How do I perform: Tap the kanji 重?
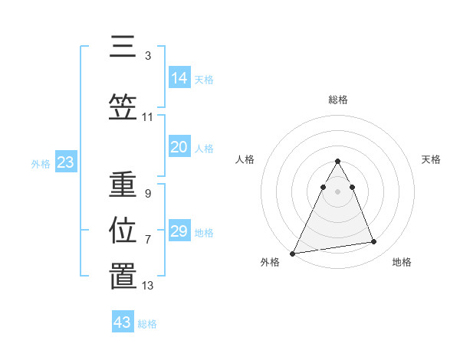coord(123,185)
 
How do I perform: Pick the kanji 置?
coord(123,277)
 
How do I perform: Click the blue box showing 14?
coord(179,77)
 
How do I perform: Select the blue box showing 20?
coord(179,147)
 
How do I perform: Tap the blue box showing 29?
coord(179,231)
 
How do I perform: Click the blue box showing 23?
coord(65,162)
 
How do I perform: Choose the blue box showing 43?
coord(123,322)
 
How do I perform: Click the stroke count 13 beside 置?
coord(148,286)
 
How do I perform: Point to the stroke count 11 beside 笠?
coord(148,117)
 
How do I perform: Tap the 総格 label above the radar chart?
coord(338,100)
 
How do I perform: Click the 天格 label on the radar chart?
coord(432,159)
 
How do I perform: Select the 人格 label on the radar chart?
coord(245,159)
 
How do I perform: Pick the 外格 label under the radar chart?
coord(270,262)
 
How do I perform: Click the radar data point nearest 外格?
coord(292,253)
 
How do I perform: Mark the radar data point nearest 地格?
coord(374,242)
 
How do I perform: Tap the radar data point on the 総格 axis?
coord(337,161)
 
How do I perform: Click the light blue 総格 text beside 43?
coord(147,324)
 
